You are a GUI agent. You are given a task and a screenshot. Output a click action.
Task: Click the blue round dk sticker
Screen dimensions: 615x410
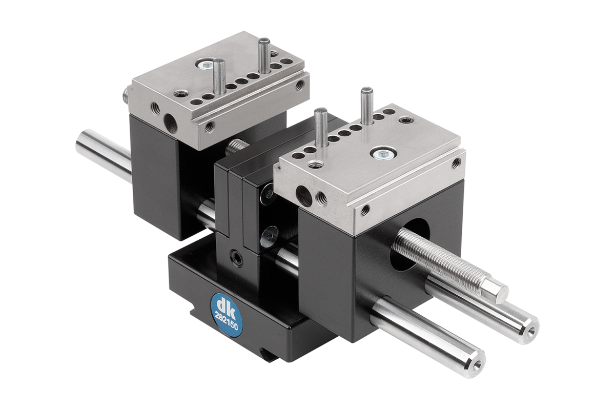(x=227, y=315)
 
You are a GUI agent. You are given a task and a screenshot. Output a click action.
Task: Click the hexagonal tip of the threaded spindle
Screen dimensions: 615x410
(x=494, y=292)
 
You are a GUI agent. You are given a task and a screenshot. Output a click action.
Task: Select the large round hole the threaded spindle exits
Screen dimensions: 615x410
(x=409, y=245)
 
